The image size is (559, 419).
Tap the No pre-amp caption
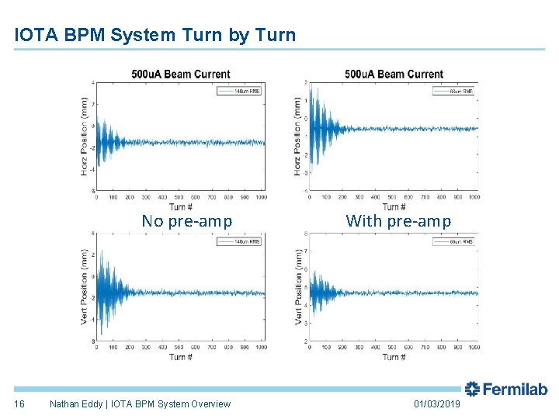186,221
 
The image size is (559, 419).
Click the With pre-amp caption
398,221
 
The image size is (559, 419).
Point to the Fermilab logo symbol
472,390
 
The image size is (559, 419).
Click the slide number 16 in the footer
20,404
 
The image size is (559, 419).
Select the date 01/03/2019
437,404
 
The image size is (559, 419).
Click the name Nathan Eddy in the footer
75,404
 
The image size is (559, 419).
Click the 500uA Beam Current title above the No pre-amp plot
181,74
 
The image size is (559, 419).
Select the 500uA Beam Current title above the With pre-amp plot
394,74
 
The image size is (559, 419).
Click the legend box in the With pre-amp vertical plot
454,242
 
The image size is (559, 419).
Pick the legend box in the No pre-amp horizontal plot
241,91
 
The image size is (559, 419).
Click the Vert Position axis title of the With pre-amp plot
298,287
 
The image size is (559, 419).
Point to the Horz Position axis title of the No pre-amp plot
85,136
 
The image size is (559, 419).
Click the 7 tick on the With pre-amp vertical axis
305,251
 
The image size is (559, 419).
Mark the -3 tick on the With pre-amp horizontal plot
304,173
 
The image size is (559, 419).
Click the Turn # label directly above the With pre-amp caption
394,206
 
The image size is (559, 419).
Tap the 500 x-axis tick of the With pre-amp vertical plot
393,348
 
